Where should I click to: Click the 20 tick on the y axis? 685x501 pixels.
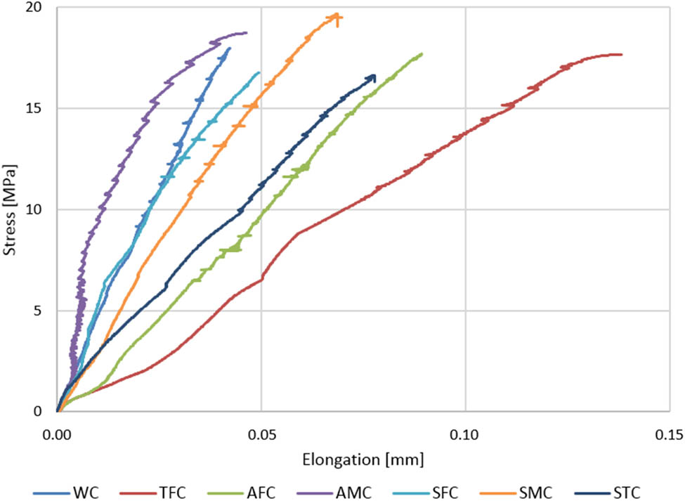pos(34,8)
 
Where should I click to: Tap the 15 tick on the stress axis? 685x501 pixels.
pos(34,109)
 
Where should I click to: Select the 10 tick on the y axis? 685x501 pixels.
pos(34,210)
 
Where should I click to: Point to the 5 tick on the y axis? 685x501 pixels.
pos(38,311)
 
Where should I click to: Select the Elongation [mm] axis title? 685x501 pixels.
pos(363,460)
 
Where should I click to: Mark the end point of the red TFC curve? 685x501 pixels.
pos(621,55)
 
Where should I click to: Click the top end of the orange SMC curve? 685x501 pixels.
pos(339,15)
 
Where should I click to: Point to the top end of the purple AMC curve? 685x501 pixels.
pos(246,32)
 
